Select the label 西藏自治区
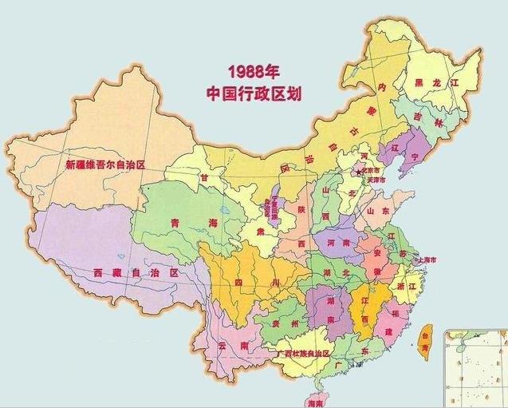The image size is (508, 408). coord(135,272)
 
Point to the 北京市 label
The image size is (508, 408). coord(373,170)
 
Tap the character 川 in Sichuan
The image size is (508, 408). coord(274,283)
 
